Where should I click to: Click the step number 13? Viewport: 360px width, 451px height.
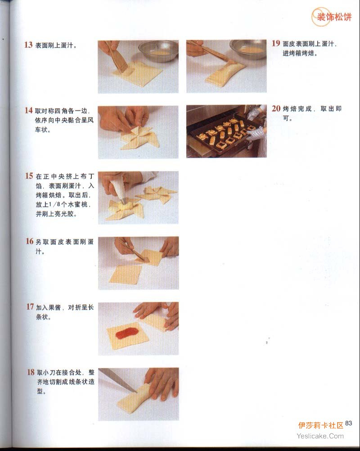[28, 45]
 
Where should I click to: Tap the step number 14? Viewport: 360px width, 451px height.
[29, 110]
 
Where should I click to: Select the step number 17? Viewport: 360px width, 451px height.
[30, 307]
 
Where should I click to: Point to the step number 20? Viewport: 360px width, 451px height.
[276, 108]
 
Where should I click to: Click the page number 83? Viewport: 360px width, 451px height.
[348, 423]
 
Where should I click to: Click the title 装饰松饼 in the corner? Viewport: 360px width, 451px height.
[334, 17]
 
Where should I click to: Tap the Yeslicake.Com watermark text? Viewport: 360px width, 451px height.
[320, 436]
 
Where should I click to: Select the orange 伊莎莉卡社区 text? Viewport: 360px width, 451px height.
[320, 425]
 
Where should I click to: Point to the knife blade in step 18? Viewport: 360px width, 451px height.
[118, 380]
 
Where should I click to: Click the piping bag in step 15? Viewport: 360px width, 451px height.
[119, 189]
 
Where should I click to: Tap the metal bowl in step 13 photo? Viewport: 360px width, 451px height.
[158, 51]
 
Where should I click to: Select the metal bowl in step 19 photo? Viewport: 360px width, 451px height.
[248, 50]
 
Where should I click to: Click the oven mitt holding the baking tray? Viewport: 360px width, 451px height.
[255, 134]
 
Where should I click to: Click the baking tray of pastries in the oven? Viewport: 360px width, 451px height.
[223, 134]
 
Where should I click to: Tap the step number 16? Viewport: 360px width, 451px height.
[30, 241]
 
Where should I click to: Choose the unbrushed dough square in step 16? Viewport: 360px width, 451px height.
[126, 275]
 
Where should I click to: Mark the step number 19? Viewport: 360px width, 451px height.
[276, 43]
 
